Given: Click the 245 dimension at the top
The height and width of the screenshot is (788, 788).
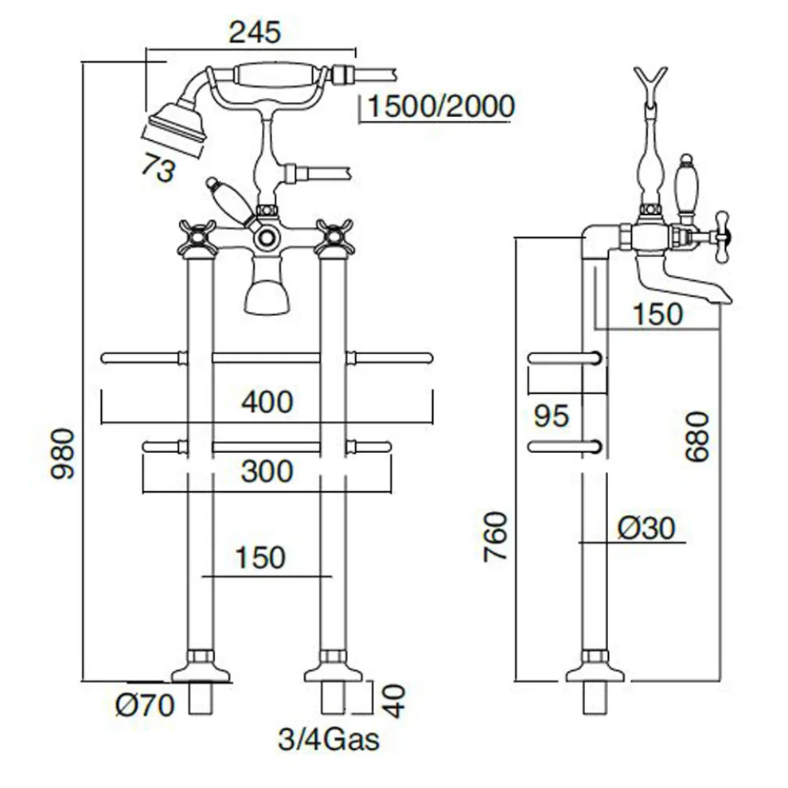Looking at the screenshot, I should (x=255, y=33).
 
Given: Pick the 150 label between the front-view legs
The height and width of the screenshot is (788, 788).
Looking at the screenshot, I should (x=259, y=557).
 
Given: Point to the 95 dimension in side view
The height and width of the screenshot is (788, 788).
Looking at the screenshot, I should (x=552, y=415).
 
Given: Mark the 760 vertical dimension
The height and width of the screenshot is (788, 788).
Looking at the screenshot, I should (x=497, y=535).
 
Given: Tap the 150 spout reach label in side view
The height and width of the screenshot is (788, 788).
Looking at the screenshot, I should (x=657, y=314).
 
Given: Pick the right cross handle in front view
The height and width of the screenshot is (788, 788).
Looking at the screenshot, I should (x=334, y=236).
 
